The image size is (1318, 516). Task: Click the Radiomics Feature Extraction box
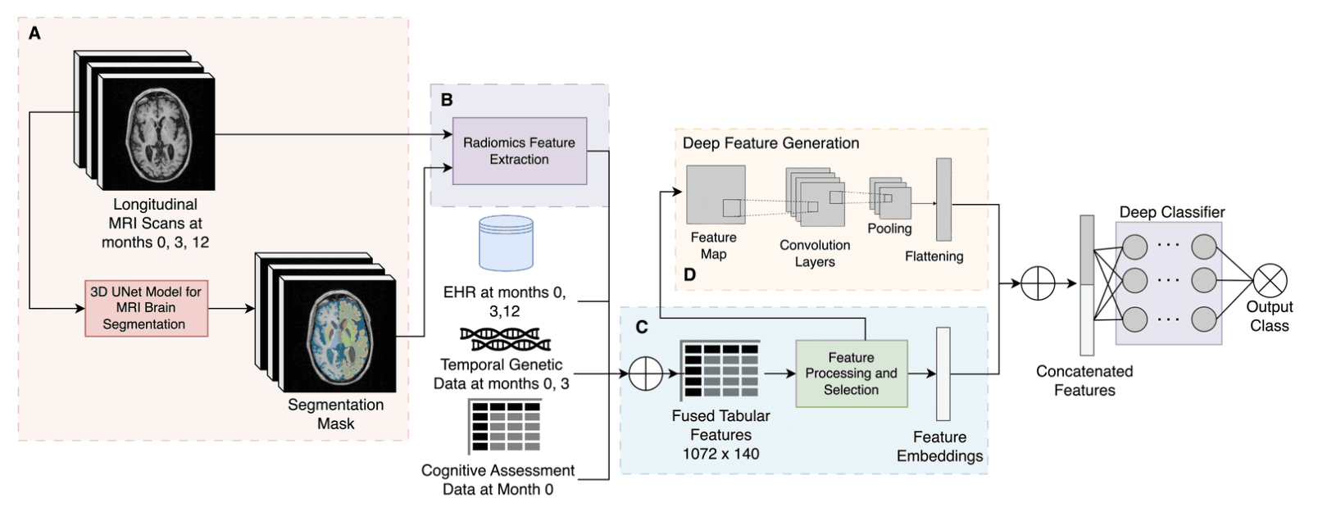coord(519,151)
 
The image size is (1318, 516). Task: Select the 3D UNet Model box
coord(146,308)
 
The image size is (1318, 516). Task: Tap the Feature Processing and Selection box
coord(851,373)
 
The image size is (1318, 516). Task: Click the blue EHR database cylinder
coord(506,243)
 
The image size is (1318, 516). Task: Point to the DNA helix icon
coord(505,339)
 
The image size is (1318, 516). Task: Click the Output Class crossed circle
coord(1270,281)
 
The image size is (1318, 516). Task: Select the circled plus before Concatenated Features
coord(1038,284)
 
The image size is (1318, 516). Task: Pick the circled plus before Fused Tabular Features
coord(645,374)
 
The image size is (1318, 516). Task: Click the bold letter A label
coord(34,34)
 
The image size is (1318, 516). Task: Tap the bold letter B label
coord(447,100)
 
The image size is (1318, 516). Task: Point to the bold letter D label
coord(689,275)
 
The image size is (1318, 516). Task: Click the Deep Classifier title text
coord(1171,212)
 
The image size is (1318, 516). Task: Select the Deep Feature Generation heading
coord(770,143)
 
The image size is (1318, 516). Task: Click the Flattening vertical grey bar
coord(943,199)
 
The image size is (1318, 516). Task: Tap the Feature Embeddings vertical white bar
coord(943,373)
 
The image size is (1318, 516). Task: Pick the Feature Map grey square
coord(715,195)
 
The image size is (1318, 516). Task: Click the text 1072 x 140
coord(720,454)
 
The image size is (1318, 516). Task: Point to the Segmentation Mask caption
coord(335,414)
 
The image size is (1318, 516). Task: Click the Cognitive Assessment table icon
coord(505,426)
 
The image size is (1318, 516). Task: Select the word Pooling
coord(889,229)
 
